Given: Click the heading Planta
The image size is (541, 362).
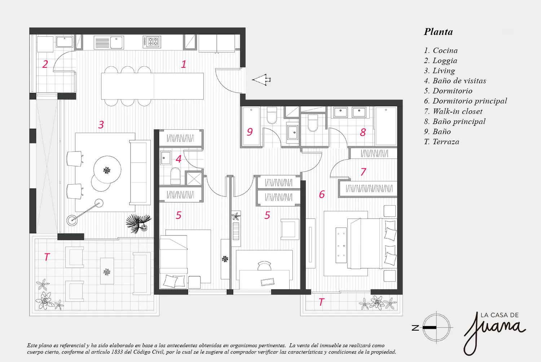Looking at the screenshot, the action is [438, 32].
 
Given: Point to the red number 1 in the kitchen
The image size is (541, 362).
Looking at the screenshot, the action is [184, 64].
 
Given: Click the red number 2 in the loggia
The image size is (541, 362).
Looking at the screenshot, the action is [45, 64].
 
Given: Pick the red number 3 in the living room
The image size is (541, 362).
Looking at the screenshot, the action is [101, 125].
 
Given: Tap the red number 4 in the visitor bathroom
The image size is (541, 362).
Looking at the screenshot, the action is [179, 159].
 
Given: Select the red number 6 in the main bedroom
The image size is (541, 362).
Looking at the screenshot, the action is [322, 194].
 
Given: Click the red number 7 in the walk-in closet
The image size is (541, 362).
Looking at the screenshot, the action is [363, 172].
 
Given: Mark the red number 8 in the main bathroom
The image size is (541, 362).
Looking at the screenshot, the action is [363, 132].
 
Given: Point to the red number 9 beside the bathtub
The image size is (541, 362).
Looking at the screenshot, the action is [250, 132].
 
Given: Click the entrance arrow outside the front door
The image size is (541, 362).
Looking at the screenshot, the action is [261, 80].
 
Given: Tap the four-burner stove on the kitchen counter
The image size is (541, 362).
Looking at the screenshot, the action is [152, 42].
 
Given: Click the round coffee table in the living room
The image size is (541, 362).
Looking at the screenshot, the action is [107, 170].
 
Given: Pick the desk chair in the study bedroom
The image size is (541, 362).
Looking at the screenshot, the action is [264, 265].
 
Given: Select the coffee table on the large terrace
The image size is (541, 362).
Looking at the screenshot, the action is [107, 271].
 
